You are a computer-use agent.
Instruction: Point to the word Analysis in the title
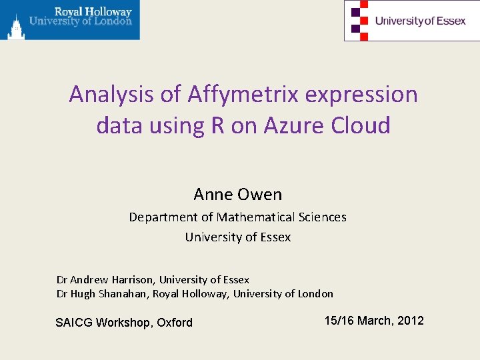(111, 95)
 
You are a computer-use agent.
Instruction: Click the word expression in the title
(362, 95)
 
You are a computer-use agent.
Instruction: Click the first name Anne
(211, 195)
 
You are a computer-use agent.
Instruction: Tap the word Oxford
(175, 323)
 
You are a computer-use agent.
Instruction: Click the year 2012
(410, 321)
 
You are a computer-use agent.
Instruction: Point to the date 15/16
(339, 321)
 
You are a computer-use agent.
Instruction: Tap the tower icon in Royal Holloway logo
(15, 27)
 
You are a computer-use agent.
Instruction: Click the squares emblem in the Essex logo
(359, 20)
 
